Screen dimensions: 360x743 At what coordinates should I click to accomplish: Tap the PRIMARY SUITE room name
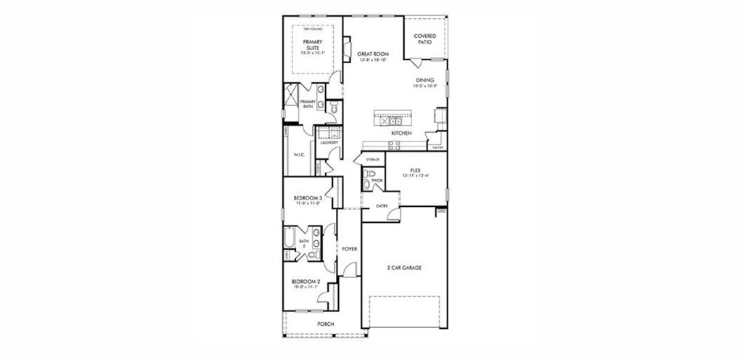coord(313,45)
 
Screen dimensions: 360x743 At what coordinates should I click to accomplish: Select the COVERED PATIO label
coord(424,39)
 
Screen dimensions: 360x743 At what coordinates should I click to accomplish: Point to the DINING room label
coord(425,81)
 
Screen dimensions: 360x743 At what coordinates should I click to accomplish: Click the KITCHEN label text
coord(401,134)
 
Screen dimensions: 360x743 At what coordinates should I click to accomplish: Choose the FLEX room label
coord(415,170)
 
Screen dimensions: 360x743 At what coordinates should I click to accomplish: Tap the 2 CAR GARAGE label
coord(404,268)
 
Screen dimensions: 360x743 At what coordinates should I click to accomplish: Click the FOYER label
coord(350,249)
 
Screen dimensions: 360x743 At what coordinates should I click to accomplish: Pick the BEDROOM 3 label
coord(307,198)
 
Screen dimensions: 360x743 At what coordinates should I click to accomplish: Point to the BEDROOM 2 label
coord(305,282)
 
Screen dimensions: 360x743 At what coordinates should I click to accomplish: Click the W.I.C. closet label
coord(298,155)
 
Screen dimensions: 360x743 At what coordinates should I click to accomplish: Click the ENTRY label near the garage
coord(382,206)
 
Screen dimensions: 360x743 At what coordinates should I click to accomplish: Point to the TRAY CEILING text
coord(313,28)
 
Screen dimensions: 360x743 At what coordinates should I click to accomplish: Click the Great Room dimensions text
coord(374,60)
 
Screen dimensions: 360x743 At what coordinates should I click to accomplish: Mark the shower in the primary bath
coord(290,96)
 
